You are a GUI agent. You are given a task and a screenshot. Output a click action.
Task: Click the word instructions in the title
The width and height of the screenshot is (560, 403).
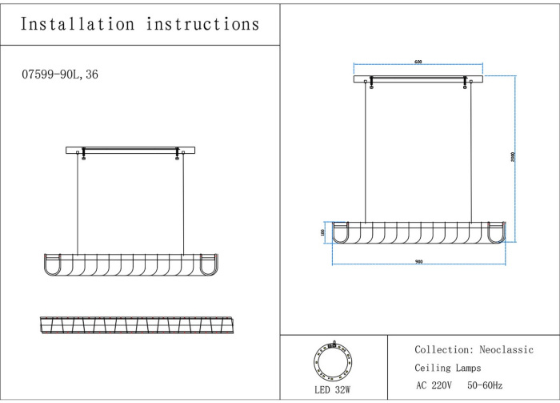click(x=203, y=24)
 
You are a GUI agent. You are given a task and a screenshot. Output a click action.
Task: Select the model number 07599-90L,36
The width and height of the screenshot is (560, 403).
click(x=61, y=75)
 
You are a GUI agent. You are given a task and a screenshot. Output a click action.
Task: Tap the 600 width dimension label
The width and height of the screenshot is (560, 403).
click(x=418, y=62)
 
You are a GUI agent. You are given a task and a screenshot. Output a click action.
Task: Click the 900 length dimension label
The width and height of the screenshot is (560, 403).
click(x=418, y=262)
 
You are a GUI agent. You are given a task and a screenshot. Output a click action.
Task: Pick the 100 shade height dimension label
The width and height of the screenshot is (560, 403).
click(x=323, y=232)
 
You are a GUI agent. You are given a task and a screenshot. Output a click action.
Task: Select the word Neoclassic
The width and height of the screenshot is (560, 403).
click(x=506, y=350)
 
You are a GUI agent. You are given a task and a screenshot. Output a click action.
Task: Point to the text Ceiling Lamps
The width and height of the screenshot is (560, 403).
click(x=448, y=369)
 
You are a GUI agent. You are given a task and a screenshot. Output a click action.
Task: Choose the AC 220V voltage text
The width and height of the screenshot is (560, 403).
click(x=434, y=386)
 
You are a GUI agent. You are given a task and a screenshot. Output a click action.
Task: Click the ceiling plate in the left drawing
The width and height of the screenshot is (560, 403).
click(x=130, y=149)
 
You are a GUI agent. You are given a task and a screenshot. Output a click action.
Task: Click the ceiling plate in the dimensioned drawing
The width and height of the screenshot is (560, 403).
click(x=418, y=79)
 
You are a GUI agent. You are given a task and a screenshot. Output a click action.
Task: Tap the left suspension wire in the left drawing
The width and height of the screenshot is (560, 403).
click(x=78, y=204)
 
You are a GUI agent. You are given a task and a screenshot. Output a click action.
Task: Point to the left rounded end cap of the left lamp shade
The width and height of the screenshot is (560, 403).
click(x=54, y=264)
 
